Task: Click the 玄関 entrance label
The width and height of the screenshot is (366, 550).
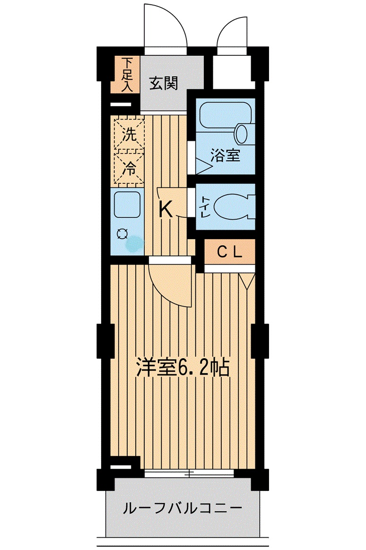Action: [164, 84]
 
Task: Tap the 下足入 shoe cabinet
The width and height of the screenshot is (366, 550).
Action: [125, 74]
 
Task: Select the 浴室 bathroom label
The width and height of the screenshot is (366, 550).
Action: [225, 155]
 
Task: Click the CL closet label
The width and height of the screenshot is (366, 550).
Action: [229, 252]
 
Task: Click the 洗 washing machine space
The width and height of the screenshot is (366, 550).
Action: [129, 134]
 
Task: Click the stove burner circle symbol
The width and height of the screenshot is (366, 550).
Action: [122, 234]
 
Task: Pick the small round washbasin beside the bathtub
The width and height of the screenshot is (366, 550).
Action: [242, 134]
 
